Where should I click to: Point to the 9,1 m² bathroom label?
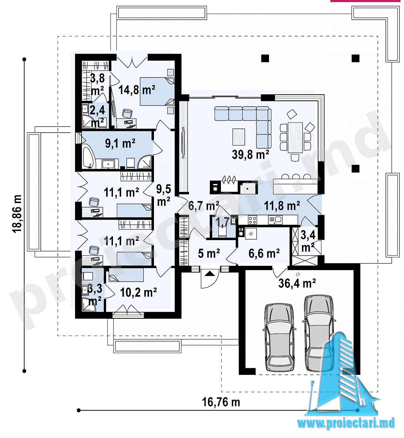pos(120,143)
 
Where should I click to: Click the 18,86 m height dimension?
pos(17,214)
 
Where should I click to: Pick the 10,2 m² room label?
pos(138,292)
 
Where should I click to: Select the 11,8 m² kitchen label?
pos(282,205)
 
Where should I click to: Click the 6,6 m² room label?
pos(264,253)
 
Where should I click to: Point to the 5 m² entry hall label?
pos(209,253)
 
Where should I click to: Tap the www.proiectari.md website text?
pos(346,423)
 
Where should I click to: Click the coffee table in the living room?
pos(238,137)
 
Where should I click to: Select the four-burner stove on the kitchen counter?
pos(252,220)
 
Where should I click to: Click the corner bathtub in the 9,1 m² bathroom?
pos(88,157)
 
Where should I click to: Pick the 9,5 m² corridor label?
pos(163,196)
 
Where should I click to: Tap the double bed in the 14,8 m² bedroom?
pos(157,91)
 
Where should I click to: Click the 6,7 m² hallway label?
pos(203,205)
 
